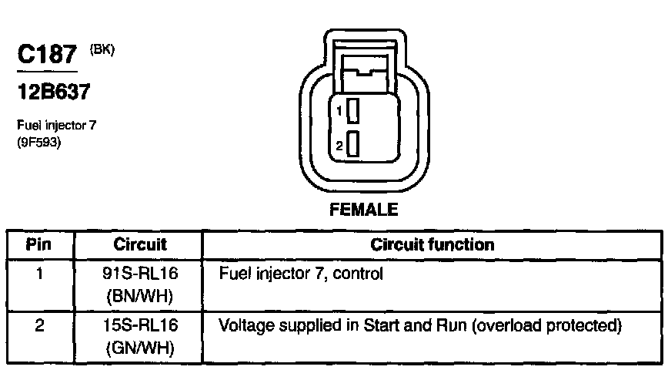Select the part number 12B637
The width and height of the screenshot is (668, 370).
coord(54,92)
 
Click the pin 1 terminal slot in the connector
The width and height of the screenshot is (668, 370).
coord(352,113)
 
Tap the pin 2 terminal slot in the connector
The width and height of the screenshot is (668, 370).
coord(352,144)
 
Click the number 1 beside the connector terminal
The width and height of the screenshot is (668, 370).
coord(338,113)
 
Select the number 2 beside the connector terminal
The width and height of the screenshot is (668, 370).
coord(338,145)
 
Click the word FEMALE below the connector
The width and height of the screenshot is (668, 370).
coord(363,210)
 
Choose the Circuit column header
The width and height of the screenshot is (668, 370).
coord(140,245)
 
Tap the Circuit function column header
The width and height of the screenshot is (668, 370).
coord(433,245)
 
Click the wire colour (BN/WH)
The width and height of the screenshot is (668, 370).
coord(140,296)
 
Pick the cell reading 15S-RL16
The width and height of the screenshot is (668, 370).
coord(140,326)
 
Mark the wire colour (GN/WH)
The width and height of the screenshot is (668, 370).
coord(140,348)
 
